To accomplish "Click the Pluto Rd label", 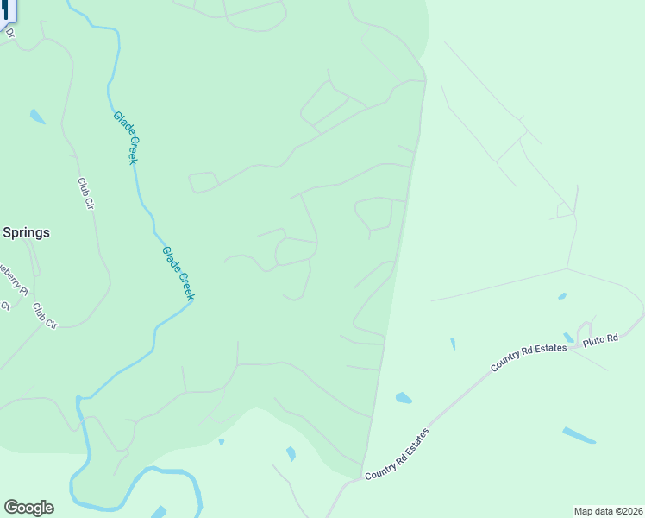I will click(601, 339).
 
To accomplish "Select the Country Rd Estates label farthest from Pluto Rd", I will click(397, 453).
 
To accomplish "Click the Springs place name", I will click(26, 232).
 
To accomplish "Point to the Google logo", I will click(28, 508).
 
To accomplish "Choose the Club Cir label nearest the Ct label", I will click(45, 315).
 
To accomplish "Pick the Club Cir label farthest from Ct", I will click(85, 193).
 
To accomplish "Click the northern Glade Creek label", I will click(126, 137).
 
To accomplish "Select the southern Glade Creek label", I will click(178, 274).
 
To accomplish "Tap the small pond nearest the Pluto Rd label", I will click(568, 338).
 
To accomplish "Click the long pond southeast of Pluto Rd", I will click(578, 435).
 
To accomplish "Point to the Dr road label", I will click(10, 34).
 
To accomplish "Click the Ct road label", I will click(4, 306).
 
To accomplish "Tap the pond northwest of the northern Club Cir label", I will click(37, 116).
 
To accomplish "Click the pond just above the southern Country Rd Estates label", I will click(403, 398).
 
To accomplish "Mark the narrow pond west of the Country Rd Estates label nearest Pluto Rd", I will click(453, 344).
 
